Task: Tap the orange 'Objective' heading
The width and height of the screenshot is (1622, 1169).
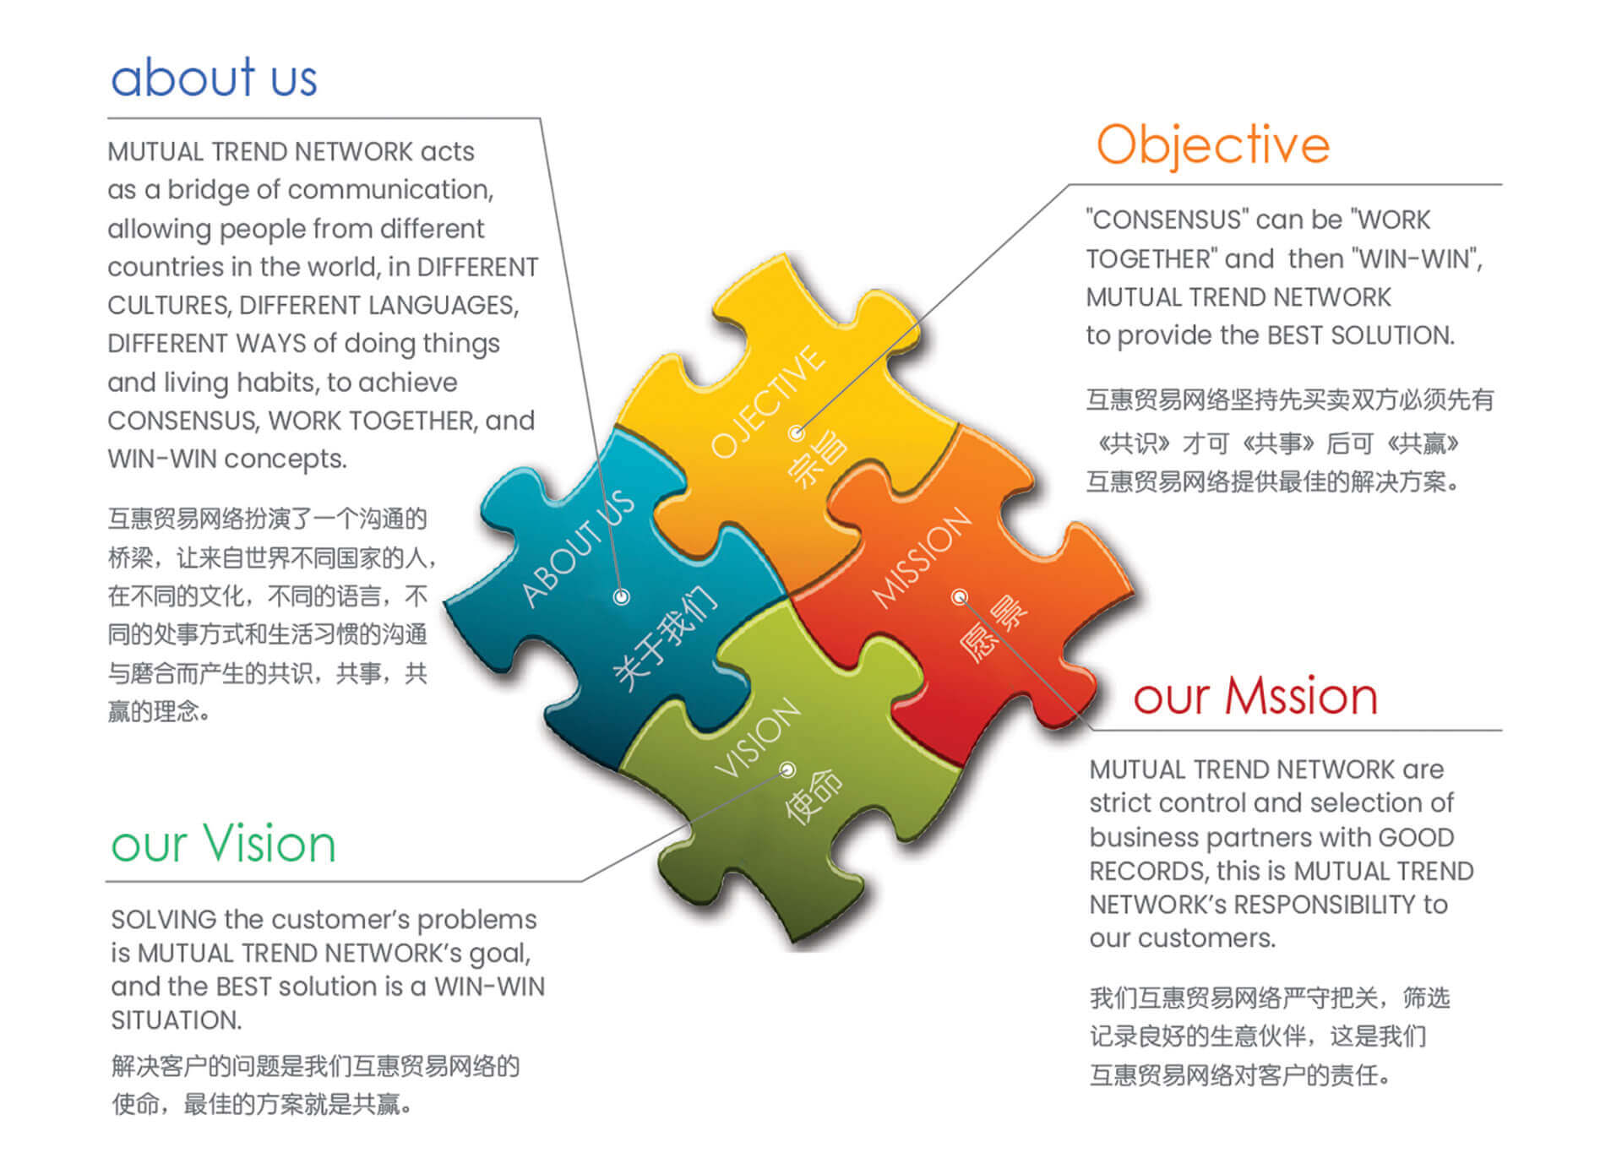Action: (1213, 145)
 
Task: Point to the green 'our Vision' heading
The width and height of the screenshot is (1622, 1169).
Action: (224, 843)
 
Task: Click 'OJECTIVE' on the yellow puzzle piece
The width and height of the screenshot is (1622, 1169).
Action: (767, 402)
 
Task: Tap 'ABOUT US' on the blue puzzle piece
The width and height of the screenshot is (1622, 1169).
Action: (578, 547)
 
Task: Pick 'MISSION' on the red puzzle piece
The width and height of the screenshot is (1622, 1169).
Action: (922, 557)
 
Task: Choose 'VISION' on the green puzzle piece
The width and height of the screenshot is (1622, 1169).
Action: (757, 737)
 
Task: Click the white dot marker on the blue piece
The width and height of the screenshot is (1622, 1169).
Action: (622, 597)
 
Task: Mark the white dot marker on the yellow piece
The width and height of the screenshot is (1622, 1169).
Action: (796, 433)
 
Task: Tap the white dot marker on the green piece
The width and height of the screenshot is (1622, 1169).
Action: (787, 769)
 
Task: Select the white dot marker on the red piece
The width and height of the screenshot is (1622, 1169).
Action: (959, 597)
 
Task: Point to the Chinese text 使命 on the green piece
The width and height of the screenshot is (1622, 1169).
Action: (813, 796)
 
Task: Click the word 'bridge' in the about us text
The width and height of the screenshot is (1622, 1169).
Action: (207, 189)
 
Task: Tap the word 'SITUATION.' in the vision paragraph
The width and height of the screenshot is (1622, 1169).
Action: (177, 1020)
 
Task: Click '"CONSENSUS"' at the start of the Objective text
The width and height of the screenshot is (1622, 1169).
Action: (1155, 220)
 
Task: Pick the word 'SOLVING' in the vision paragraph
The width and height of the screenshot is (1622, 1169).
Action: (164, 919)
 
